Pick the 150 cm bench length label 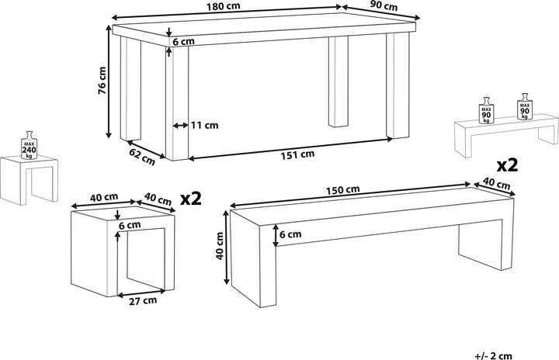(x=344, y=189)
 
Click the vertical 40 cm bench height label (x=220, y=249)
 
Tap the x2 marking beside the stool (x=191, y=199)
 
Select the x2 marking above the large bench (x=507, y=165)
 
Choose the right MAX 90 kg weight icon (x=525, y=106)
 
